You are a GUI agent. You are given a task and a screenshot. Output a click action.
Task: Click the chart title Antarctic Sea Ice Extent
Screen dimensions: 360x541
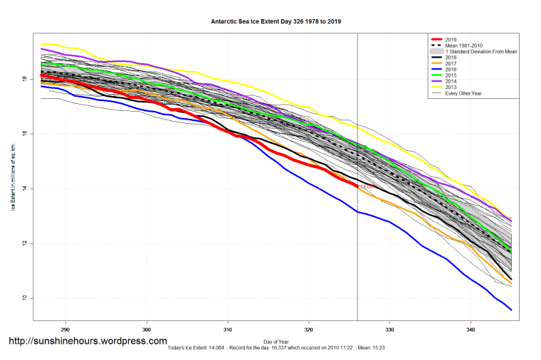click(x=275, y=21)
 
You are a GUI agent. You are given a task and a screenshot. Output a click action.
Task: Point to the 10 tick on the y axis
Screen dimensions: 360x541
click(x=25, y=298)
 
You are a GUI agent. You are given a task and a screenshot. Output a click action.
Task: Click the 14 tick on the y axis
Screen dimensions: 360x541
click(x=25, y=189)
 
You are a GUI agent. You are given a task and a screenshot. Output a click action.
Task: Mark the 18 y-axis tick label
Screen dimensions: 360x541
click(x=25, y=79)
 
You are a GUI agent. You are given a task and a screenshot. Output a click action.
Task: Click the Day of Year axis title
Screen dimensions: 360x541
click(x=275, y=342)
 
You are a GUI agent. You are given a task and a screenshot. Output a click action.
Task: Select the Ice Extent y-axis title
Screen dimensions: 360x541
click(x=12, y=178)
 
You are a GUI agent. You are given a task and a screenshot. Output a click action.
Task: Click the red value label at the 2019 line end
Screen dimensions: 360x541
click(x=367, y=186)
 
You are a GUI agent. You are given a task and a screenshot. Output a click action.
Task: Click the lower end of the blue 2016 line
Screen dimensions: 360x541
click(x=511, y=309)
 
